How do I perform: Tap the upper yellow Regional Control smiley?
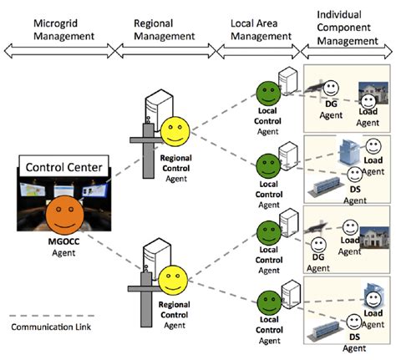pyautogui.click(x=176, y=131)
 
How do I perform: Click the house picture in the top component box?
pyautogui.click(x=369, y=95)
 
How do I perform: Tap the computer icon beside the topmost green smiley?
pyautogui.click(x=287, y=81)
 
